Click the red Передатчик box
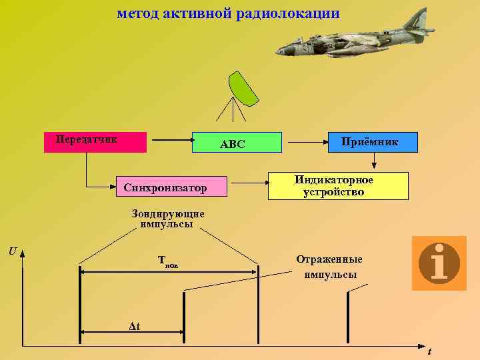95,143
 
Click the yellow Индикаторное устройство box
338,186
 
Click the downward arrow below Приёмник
374,161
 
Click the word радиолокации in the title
287,13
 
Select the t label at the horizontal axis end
429,351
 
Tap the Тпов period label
168,261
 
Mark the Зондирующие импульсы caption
167,219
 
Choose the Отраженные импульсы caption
329,267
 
